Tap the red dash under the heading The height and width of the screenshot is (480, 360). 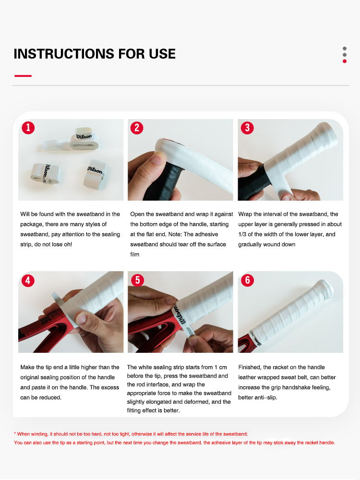(x=23, y=76)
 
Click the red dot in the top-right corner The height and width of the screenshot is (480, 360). (x=344, y=61)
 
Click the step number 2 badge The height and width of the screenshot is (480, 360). (x=137, y=128)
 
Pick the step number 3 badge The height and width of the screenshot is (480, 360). (x=247, y=128)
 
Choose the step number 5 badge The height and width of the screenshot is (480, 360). (x=137, y=280)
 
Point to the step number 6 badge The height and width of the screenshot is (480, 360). (x=247, y=280)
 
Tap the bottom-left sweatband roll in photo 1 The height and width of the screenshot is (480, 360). (x=44, y=174)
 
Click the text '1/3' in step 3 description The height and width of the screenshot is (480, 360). (x=244, y=234)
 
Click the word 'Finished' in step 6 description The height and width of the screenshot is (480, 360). (x=250, y=367)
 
